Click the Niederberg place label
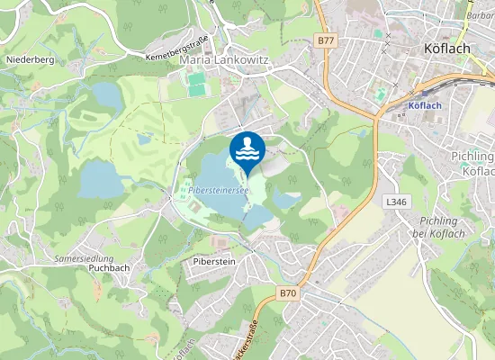(x=31, y=59)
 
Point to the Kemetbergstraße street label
(x=175, y=48)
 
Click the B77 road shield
(x=326, y=40)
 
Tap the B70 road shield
(x=287, y=293)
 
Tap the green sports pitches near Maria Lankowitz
(x=198, y=84)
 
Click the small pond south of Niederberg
(x=106, y=94)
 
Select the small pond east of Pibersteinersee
(x=286, y=197)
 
